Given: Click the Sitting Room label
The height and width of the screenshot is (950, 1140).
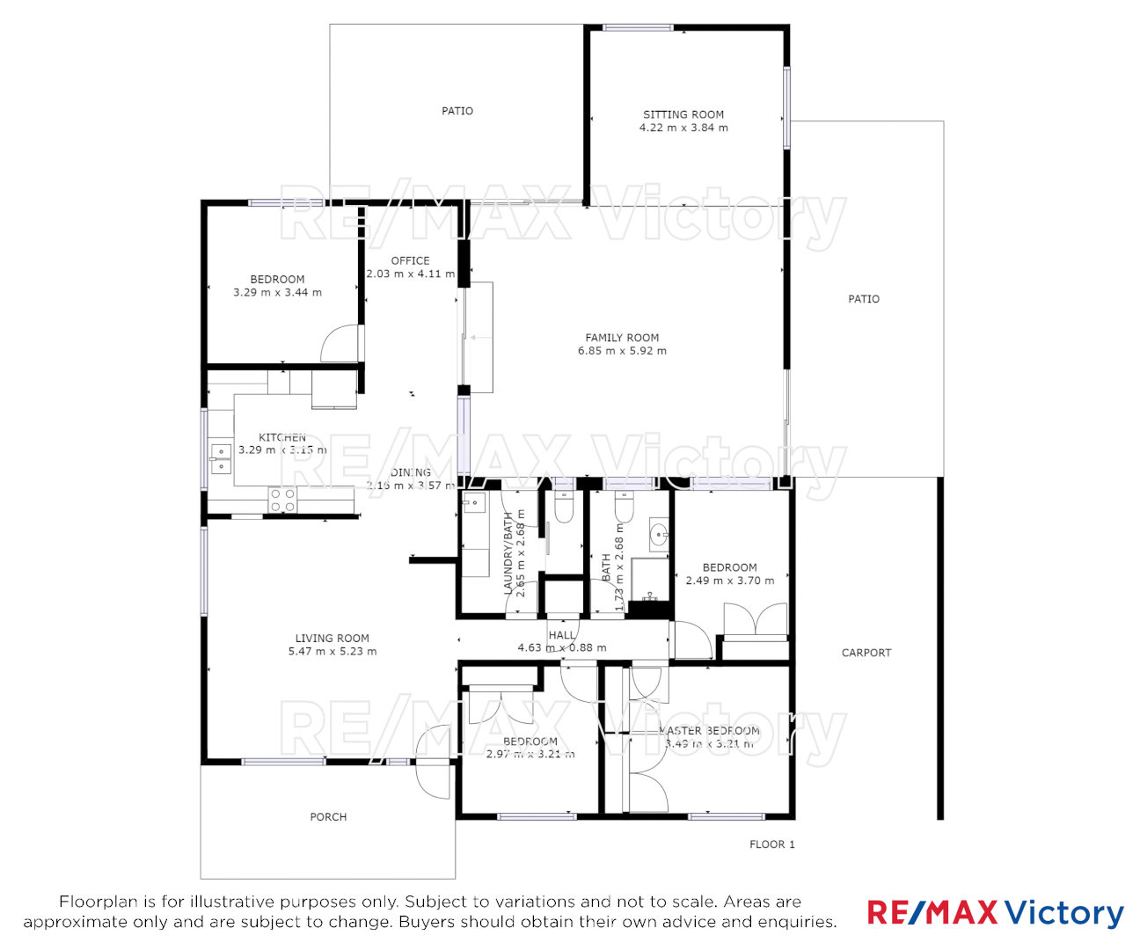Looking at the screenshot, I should (683, 114).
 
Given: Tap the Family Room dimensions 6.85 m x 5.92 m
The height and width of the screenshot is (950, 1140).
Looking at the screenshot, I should (622, 351).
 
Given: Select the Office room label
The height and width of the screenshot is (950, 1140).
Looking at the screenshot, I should (410, 260).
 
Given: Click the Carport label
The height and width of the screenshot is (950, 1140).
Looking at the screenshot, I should (866, 653).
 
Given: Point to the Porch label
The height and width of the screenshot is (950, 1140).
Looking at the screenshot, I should (328, 817).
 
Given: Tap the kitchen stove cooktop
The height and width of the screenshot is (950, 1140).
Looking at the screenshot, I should (282, 501).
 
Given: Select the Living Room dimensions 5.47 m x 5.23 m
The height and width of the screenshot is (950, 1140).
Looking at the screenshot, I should (332, 652).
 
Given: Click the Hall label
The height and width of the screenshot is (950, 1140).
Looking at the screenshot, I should (561, 635).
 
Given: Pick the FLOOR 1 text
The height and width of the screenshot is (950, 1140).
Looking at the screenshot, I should (771, 844).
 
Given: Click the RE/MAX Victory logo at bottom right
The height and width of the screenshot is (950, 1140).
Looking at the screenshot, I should (995, 913).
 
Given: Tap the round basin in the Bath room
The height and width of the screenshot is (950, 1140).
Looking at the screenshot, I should (658, 533).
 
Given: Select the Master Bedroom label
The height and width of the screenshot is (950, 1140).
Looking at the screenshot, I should (711, 731).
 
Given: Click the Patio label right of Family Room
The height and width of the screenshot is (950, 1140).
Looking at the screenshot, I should (863, 299).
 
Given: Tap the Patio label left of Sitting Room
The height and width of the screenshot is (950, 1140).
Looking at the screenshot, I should (457, 111).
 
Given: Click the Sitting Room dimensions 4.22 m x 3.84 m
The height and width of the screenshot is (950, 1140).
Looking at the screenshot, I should (683, 128).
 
